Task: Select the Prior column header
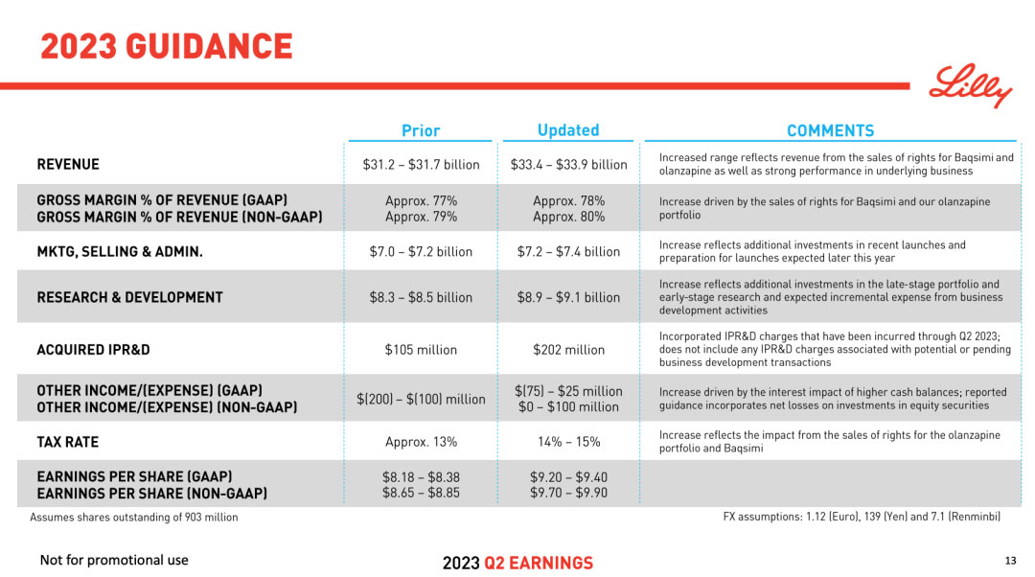coord(421,130)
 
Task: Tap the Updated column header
coord(568,130)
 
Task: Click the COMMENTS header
coord(830,130)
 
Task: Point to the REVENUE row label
coord(68,165)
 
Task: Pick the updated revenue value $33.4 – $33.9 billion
coord(568,165)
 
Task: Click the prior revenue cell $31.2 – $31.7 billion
coord(421,165)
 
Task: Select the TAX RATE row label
coord(67,442)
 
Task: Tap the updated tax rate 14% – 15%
coord(568,442)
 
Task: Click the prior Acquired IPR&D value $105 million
coord(421,350)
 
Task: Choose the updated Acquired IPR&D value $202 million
coord(568,350)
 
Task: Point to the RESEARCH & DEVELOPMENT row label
coord(129,297)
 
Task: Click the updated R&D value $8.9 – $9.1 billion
coord(568,297)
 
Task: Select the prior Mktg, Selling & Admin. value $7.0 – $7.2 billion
coord(421,252)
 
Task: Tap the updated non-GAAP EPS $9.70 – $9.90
coord(568,493)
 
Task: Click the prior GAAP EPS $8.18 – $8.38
coord(421,476)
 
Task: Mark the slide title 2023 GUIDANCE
coord(166,46)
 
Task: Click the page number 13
coord(1010,561)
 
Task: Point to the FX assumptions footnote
coord(861,517)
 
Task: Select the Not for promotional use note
coord(114,561)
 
